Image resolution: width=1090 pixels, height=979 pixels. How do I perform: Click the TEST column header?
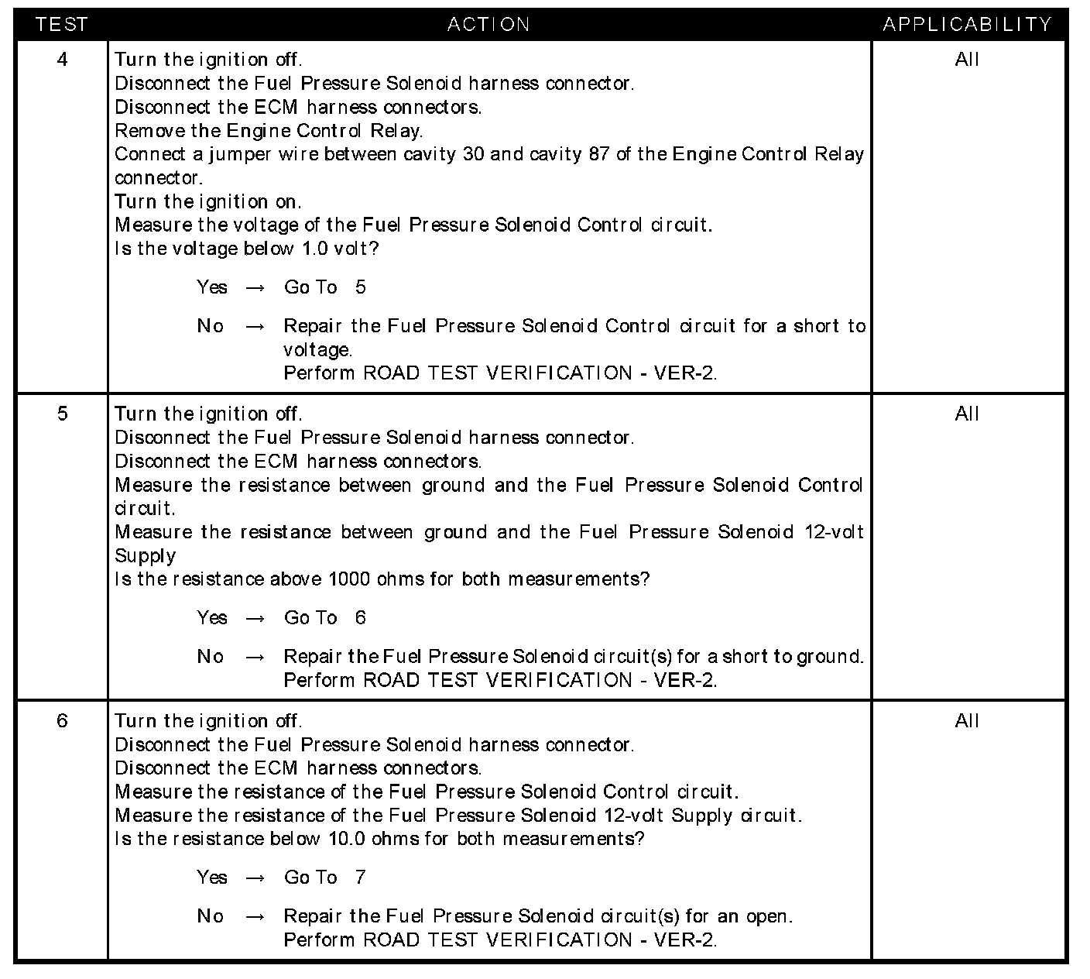coord(62,25)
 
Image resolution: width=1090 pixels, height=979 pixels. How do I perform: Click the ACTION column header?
coord(488,25)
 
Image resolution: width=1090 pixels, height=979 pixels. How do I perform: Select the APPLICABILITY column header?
coord(967,25)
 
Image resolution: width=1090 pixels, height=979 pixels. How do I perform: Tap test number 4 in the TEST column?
coord(62,60)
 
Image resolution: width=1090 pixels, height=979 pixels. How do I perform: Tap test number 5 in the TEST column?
coord(62,414)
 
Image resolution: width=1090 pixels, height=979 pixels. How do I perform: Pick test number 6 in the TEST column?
coord(62,720)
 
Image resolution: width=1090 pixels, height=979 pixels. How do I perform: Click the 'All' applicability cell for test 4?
coord(967,60)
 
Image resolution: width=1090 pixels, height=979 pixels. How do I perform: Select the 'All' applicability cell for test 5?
coord(967,414)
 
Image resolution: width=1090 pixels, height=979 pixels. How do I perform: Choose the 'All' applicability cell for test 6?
coord(967,720)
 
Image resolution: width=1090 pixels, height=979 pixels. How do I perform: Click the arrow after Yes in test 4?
coord(255,288)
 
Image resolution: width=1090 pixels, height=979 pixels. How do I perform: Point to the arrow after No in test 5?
coord(255,658)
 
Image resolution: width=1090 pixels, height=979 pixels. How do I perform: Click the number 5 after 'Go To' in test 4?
coord(360,287)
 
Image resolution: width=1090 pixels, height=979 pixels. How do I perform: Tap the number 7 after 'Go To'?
coord(360,877)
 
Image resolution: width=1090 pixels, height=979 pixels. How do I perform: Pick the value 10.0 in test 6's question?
coord(347,839)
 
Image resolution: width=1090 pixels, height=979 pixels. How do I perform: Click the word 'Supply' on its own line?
coord(145,557)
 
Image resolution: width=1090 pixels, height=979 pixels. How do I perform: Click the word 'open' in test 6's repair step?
coord(767,917)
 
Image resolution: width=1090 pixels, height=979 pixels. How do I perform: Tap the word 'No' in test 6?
coord(210,916)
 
